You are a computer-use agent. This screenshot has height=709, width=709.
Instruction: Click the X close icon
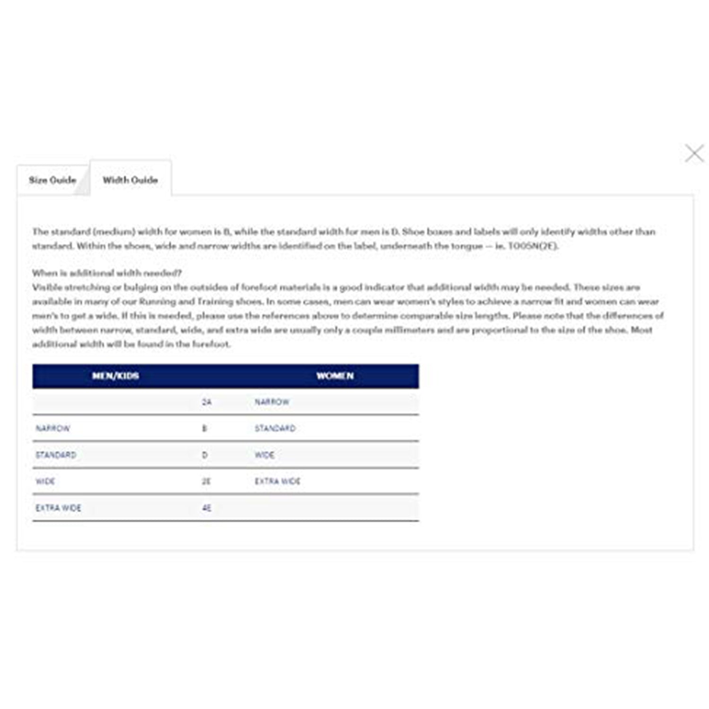pos(694,154)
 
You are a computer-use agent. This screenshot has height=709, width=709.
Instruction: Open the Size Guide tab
pos(52,180)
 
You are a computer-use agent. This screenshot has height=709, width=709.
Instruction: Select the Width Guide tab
pos(130,180)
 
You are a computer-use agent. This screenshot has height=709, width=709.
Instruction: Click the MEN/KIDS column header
pos(115,376)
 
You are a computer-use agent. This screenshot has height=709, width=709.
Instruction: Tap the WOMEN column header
pos(335,376)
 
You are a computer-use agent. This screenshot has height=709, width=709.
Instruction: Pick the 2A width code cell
pos(207,402)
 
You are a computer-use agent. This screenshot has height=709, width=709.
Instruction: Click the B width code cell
pos(205,429)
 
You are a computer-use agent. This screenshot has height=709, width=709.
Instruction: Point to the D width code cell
pos(205,455)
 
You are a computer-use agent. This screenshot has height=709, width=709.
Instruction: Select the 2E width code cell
pos(207,482)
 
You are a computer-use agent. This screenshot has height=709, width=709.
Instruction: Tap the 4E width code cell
pos(207,508)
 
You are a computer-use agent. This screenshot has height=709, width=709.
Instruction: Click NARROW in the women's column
pos(272,402)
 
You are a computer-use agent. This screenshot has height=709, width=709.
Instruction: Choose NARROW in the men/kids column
pos(53,429)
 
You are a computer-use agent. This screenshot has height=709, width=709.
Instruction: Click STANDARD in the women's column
pos(275,429)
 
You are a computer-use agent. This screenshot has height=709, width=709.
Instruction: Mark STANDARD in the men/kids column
pos(56,455)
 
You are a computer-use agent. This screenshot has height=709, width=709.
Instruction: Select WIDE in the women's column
pos(265,455)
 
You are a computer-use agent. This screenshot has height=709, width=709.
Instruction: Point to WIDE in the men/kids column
pos(45,482)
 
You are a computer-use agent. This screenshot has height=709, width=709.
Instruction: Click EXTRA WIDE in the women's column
pos(277,482)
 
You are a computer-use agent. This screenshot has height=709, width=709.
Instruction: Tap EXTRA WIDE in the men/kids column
pos(59,508)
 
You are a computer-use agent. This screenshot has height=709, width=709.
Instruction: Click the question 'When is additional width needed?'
pos(107,273)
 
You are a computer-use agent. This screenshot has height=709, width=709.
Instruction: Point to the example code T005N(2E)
pos(533,246)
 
